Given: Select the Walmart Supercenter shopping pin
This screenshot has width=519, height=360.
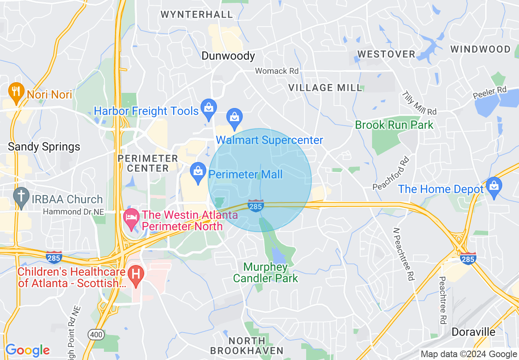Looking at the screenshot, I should click(234, 117).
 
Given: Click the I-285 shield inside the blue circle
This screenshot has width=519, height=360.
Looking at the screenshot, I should click(255, 205).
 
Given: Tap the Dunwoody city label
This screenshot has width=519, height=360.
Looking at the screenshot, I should click(228, 56).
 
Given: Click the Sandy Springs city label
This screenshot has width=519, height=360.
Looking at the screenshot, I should click(44, 147).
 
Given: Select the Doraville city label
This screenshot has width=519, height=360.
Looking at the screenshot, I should click(474, 332).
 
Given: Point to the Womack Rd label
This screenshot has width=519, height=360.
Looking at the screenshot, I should click(277, 71).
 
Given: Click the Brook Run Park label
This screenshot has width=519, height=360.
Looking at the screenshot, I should click(394, 125).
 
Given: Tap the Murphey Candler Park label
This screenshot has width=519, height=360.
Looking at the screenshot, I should click(265, 273).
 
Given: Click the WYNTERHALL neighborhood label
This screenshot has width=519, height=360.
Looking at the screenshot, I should click(196, 15).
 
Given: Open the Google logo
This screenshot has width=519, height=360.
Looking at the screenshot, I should click(27, 350).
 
